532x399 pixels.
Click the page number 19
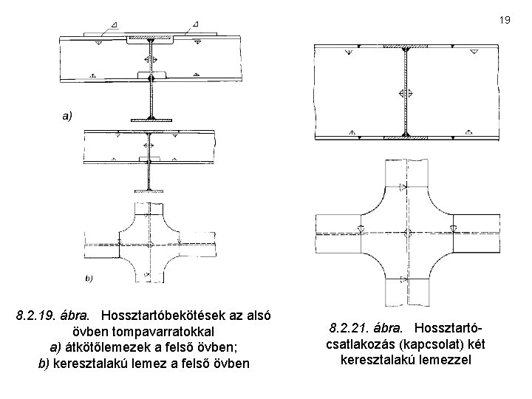point(505,21)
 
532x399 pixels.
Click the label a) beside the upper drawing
point(67,116)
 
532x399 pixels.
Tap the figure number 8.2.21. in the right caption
point(347,327)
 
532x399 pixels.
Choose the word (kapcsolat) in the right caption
point(422,344)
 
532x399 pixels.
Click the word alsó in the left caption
point(258,316)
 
